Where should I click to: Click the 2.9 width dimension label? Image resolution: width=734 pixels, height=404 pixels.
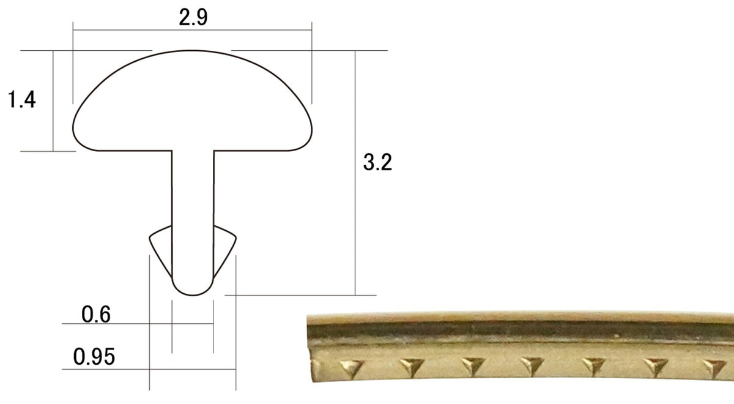pyautogui.click(x=193, y=17)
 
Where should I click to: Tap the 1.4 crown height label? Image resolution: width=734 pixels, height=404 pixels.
pyautogui.click(x=21, y=99)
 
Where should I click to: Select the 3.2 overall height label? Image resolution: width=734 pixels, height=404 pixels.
pyautogui.click(x=377, y=162)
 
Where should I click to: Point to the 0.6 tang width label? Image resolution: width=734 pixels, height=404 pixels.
pyautogui.click(x=95, y=314)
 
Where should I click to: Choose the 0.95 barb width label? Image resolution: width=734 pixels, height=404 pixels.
pyautogui.click(x=94, y=356)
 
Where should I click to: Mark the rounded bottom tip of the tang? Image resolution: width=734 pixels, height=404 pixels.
pyautogui.click(x=193, y=294)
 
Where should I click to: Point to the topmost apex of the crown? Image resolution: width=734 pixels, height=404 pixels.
pyautogui.click(x=193, y=51)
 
